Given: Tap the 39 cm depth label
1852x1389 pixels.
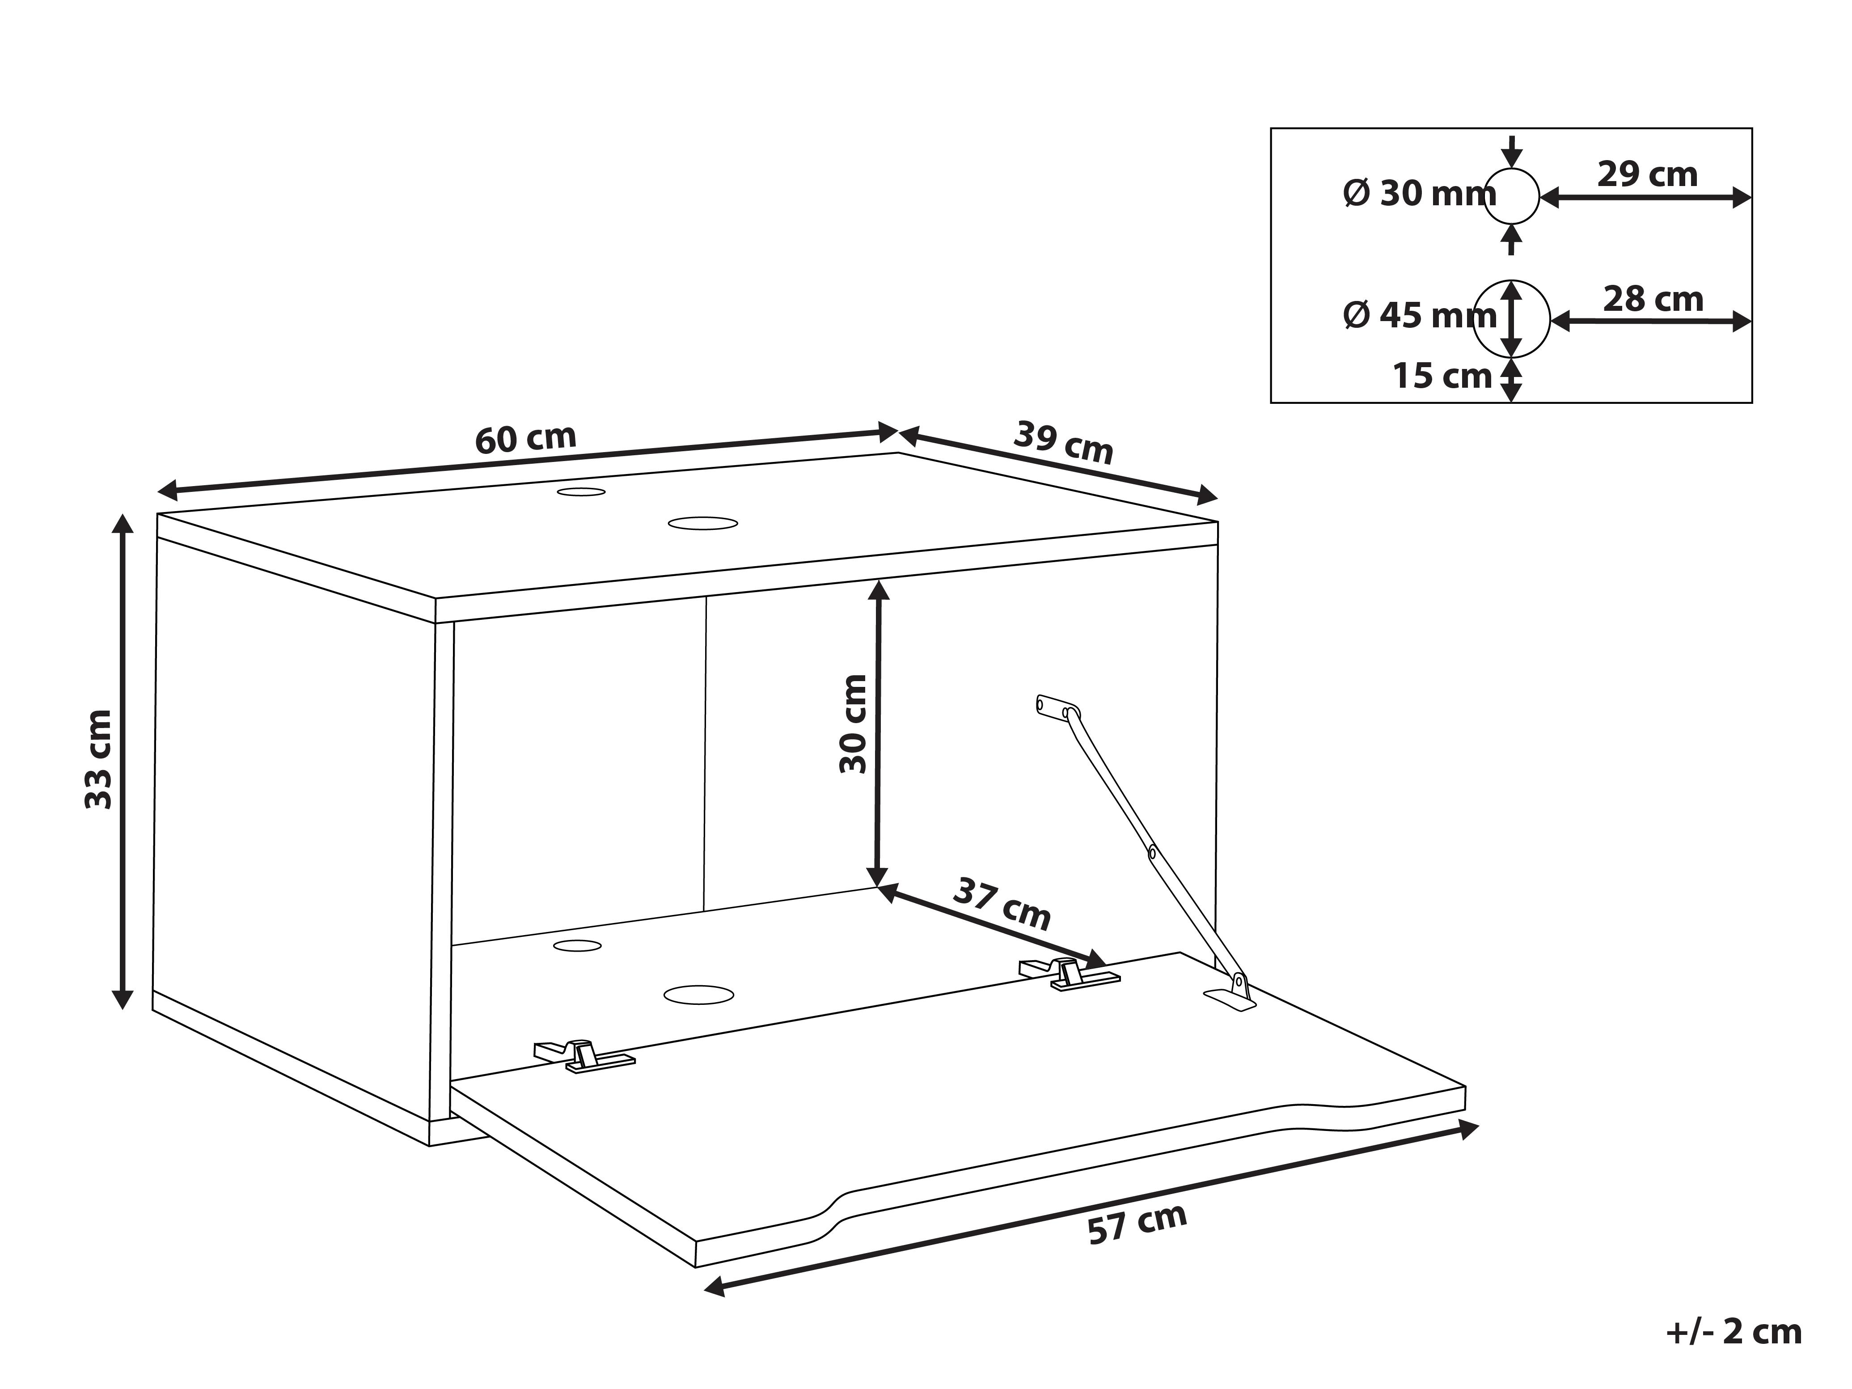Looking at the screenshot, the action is pyautogui.click(x=1063, y=443).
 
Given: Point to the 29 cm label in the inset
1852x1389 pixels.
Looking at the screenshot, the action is pyautogui.click(x=1647, y=174).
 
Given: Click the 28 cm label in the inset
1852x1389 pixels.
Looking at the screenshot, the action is pyautogui.click(x=1653, y=299).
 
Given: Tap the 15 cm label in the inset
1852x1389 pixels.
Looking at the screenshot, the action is pyautogui.click(x=1442, y=376).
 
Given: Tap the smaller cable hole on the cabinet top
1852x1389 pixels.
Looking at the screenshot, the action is pyautogui.click(x=581, y=491).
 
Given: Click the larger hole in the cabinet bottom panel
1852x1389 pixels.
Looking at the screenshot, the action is pyautogui.click(x=698, y=995).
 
